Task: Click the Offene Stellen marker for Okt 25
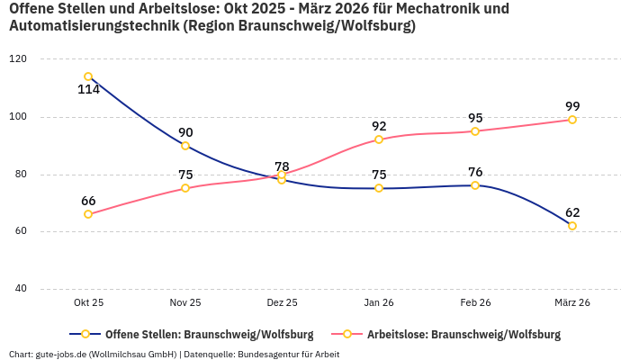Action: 88,76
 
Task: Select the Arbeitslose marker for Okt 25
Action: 88,214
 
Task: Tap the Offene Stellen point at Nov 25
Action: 185,146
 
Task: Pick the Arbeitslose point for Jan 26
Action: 379,139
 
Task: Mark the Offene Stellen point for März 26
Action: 572,226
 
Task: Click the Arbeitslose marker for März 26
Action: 572,120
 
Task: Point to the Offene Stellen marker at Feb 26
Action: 475,185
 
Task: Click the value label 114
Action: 88,90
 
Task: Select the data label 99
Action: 572,106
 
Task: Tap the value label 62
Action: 572,212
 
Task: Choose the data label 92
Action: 379,126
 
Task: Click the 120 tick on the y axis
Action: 17,59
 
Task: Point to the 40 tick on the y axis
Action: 20,289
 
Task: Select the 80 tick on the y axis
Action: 20,175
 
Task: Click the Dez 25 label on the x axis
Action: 282,303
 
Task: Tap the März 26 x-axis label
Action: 572,303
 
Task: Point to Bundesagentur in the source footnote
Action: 266,355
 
